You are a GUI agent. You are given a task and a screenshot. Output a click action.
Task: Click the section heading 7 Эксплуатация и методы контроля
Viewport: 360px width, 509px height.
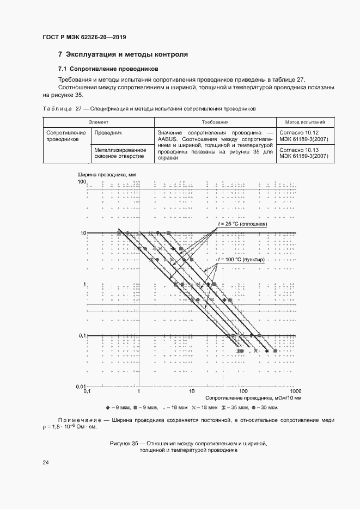tap(123, 54)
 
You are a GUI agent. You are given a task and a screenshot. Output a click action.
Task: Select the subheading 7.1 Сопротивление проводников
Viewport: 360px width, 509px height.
tap(108, 69)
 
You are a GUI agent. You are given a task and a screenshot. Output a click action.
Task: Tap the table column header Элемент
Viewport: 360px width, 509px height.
tap(99, 122)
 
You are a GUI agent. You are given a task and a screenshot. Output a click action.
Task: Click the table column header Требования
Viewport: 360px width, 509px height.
tap(215, 122)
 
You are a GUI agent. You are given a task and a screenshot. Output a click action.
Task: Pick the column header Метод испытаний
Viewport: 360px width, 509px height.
tap(302, 122)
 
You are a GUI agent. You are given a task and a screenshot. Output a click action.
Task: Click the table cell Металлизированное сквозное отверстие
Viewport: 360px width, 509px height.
tap(120, 153)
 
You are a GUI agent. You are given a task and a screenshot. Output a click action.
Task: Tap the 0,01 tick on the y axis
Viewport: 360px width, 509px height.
tap(80, 386)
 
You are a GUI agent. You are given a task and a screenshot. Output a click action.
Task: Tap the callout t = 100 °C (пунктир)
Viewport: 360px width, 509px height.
tap(241, 260)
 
